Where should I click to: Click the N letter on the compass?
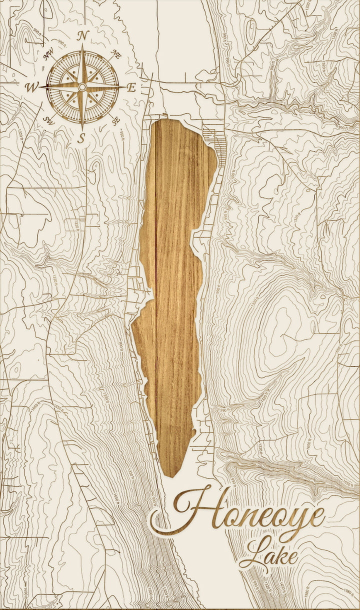pos(83,35)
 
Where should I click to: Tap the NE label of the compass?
pos(116,55)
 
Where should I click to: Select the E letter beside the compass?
pos(131,87)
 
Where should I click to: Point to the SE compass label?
pos(116,120)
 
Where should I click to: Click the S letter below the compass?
pos(81,139)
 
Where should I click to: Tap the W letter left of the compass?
pos(31,87)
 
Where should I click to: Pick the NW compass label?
pos(49,55)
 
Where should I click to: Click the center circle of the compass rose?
pos(82,87)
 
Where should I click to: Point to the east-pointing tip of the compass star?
pos(124,87)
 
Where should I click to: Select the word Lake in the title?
pos(267,555)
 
